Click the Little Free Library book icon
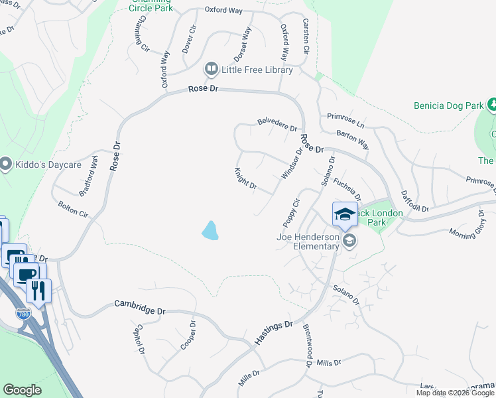pos(212,69)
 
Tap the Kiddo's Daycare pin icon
pos(6,163)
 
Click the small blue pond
pos(210,230)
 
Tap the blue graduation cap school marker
pos(345,214)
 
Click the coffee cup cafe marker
pos(26,275)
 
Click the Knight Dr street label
pos(245,178)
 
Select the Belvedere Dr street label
pos(277,124)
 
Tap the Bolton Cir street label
pos(73,210)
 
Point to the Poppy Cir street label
pos(292,211)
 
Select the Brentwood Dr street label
pos(308,346)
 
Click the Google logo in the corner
pos(22,390)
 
